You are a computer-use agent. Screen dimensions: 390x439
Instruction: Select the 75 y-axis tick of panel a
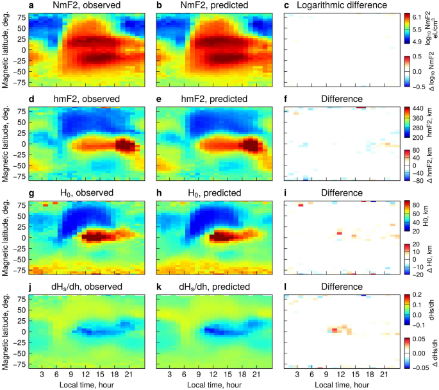coord(22,19)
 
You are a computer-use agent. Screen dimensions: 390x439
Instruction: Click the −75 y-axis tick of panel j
coord(21,362)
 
